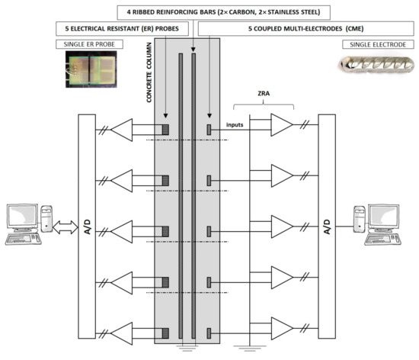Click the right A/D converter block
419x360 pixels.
(328, 228)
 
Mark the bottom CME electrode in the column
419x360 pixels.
(209, 333)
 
